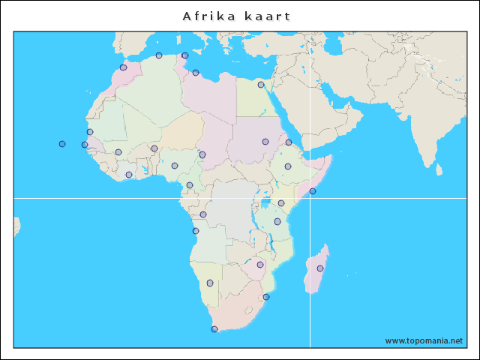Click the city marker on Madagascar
tap(320, 268)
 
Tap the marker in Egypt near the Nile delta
tap(261, 85)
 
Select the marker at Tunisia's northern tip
tap(185, 55)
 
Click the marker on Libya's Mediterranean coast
tap(196, 73)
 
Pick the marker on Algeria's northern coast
tap(159, 55)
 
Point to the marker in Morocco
tap(123, 67)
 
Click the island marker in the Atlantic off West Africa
tap(62, 144)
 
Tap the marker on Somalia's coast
tap(313, 191)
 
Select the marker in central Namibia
tap(210, 283)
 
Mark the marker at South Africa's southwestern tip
tap(214, 329)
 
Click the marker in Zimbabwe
tap(260, 264)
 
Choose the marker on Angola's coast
tap(196, 231)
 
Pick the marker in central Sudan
tap(265, 142)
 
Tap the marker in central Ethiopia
tap(288, 166)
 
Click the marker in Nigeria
tap(175, 166)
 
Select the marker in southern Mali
tap(118, 152)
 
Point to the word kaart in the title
tap(267, 16)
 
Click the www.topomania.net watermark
tap(424, 340)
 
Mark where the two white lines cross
tap(310, 198)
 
